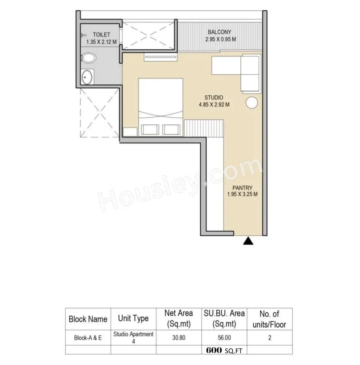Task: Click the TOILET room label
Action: (x=101, y=35)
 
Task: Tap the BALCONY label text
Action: (x=219, y=32)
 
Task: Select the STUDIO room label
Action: (x=214, y=98)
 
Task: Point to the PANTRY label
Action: (x=243, y=188)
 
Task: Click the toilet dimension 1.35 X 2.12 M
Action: (x=101, y=42)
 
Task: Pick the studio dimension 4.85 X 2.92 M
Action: (x=214, y=105)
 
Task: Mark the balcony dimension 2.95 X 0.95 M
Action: (x=220, y=39)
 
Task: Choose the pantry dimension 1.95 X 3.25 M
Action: (x=243, y=195)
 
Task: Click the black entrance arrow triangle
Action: (x=248, y=242)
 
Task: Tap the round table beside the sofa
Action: (x=252, y=103)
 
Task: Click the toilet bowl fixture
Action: (x=89, y=58)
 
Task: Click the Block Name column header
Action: (x=88, y=319)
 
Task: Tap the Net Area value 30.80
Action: (x=179, y=338)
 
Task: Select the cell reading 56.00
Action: (x=224, y=338)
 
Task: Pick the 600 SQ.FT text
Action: (x=224, y=350)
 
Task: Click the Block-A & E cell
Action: (x=88, y=338)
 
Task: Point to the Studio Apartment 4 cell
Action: (x=133, y=337)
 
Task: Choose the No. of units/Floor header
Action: (x=269, y=319)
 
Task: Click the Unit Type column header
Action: (x=133, y=319)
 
